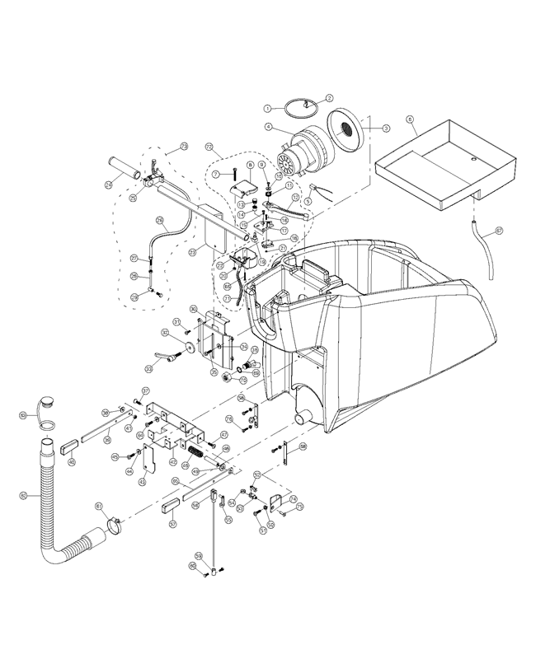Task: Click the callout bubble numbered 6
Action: (x=410, y=120)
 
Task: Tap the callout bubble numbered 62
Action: (x=23, y=496)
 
